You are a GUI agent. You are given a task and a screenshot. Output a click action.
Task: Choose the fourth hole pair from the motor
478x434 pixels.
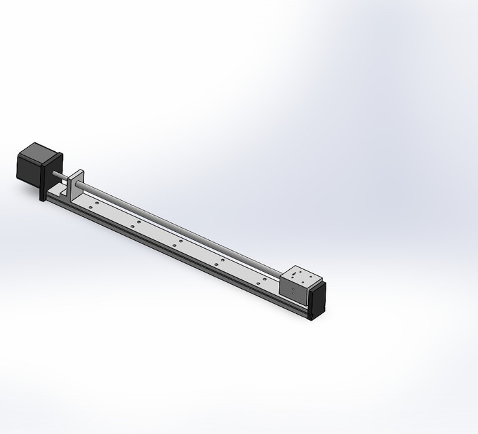(218, 262)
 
